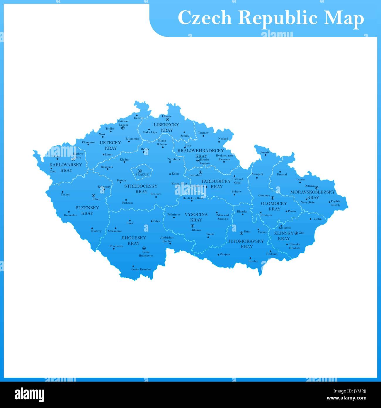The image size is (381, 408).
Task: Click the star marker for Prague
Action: pos(140,171)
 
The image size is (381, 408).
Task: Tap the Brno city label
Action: pos(247,232)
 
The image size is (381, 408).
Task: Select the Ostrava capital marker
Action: pos(317,188)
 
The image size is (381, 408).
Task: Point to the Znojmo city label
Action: pos(225,254)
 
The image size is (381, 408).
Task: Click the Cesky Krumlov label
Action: pos(141,269)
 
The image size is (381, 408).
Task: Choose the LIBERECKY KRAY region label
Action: pos(166,127)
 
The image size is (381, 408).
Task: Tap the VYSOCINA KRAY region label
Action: pos(196,217)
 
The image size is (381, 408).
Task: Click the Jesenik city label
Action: pos(264,152)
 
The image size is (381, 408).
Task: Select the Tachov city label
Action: pos(65,194)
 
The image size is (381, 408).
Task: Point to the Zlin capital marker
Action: pos(296,233)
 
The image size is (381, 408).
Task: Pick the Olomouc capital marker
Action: pos(272,198)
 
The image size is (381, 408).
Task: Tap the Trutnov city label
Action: pos(203,133)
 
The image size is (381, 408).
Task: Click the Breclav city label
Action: pos(253,261)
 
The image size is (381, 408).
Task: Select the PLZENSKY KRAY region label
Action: pos(87,210)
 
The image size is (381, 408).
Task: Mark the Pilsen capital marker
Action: pos(93,195)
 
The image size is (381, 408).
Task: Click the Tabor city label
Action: pos(157,221)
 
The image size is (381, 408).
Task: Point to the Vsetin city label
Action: pos(317,219)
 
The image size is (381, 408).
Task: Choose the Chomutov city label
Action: pos(89,142)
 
